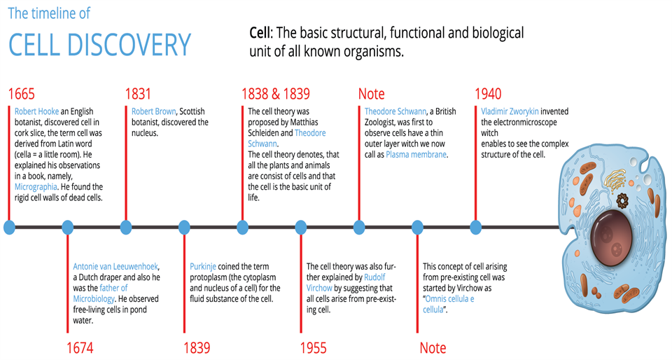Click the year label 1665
tap(22, 95)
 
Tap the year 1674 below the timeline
tap(80, 348)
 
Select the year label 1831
tap(139, 95)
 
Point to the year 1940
tap(488, 95)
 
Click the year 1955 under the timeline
tap(314, 348)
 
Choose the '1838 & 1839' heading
tap(275, 95)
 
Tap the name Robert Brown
tap(153, 111)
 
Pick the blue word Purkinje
tap(203, 267)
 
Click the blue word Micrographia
tap(36, 187)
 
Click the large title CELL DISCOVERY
tap(99, 45)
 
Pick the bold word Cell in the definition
tap(260, 34)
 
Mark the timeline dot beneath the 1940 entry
tap(476, 227)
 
